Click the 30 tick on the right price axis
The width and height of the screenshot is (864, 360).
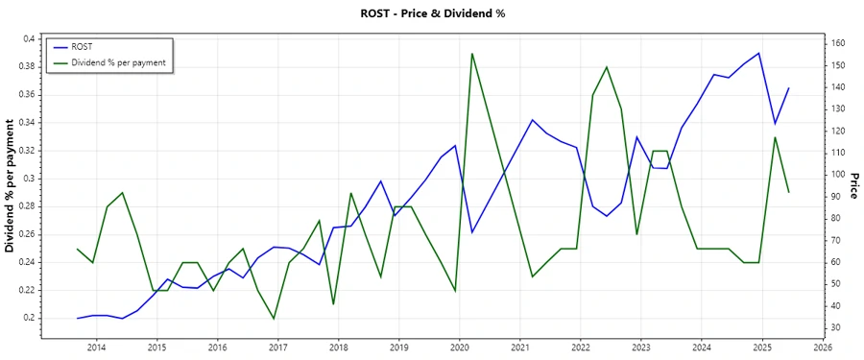click(x=836, y=328)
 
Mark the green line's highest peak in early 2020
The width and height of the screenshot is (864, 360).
click(x=472, y=54)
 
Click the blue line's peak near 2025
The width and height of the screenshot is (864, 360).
click(x=759, y=53)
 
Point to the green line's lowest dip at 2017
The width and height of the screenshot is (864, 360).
click(x=274, y=319)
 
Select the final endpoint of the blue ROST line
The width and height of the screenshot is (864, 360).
click(x=789, y=88)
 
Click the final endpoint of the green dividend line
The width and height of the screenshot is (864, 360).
click(x=789, y=192)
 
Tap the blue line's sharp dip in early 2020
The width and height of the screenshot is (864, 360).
click(x=471, y=232)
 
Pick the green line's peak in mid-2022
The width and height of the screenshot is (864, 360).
click(x=607, y=66)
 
